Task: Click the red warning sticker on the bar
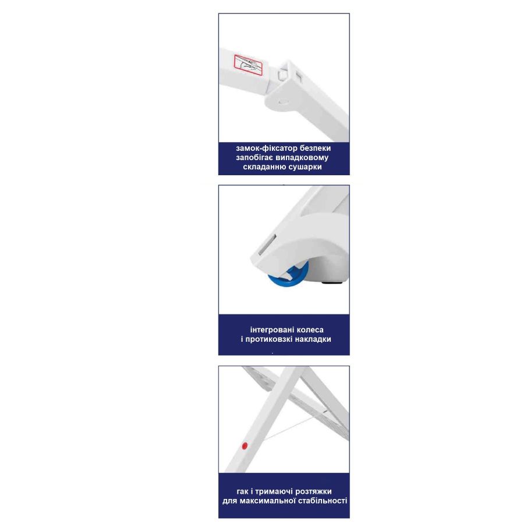(248, 64)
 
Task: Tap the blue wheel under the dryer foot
(288, 276)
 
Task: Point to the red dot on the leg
(245, 445)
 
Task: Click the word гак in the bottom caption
(242, 491)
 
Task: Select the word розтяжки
(313, 491)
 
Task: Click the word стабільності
(322, 501)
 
